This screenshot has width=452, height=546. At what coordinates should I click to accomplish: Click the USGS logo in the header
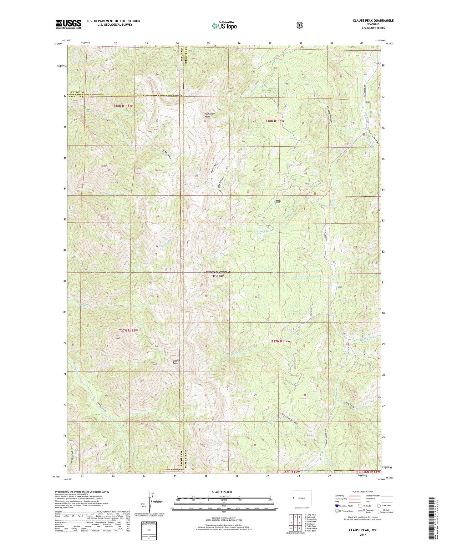tap(68, 24)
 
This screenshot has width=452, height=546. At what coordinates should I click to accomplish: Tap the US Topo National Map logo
tap(224, 26)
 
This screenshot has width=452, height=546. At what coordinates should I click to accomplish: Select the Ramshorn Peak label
tap(210, 115)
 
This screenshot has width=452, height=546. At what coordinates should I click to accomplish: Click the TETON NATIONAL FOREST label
tap(218, 274)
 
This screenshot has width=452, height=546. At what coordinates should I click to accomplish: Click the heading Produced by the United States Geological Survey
tap(82, 492)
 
